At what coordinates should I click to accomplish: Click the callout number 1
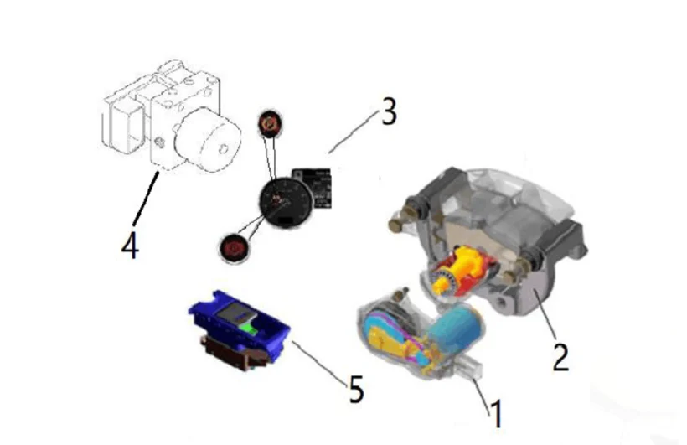[x=495, y=412]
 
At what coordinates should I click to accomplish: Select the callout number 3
[x=387, y=112]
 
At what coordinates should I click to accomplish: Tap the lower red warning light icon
[x=234, y=246]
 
